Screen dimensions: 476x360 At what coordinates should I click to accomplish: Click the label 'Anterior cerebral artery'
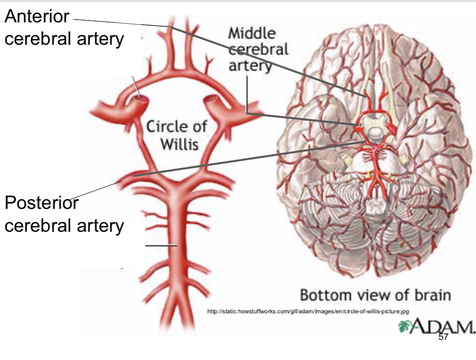point(64,28)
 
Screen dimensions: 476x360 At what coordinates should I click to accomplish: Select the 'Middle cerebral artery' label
point(258,49)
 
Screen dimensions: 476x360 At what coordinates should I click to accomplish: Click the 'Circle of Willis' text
point(177,135)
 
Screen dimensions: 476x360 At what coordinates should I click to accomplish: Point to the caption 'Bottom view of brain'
point(375,295)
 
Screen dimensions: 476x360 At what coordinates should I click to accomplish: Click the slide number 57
point(443,337)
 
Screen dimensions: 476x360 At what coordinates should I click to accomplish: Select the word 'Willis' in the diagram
point(180,144)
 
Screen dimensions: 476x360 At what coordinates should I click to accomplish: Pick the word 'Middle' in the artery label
point(252,34)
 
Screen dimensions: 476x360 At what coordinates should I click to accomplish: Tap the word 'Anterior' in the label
point(37,17)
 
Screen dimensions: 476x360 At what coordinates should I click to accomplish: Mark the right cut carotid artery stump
point(215,102)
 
